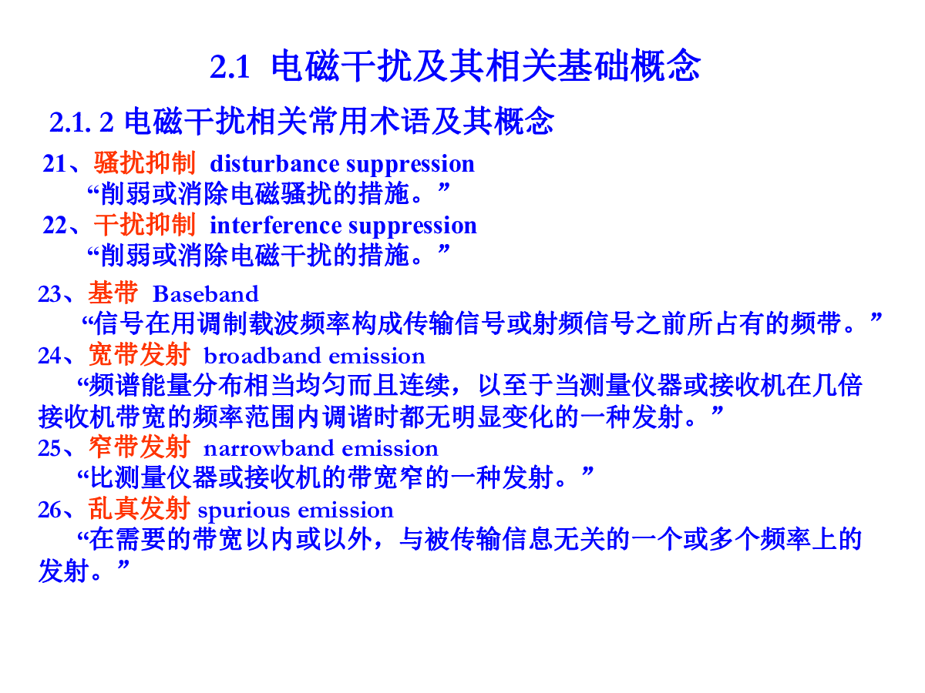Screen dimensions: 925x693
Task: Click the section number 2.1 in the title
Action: click(230, 67)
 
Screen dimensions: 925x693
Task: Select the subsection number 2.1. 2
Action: click(82, 122)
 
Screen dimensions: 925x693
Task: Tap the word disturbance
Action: click(274, 163)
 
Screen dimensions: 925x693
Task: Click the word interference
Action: click(276, 225)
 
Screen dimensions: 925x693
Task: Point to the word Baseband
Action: click(205, 293)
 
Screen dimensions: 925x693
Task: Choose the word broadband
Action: click(262, 356)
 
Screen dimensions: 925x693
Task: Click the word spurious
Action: click(244, 511)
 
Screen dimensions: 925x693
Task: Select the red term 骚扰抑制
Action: click(145, 162)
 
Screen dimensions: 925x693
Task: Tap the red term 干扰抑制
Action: click(145, 224)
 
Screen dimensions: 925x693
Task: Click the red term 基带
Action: click(113, 293)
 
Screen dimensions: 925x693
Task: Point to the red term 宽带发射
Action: click(139, 354)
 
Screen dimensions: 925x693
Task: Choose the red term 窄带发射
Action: click(139, 447)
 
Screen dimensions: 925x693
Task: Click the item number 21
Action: click(55, 163)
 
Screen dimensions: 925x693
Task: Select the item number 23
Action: click(50, 293)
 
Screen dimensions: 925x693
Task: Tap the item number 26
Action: click(50, 510)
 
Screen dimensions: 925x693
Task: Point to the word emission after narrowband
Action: click(390, 448)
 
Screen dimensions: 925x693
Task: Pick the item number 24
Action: click(50, 356)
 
